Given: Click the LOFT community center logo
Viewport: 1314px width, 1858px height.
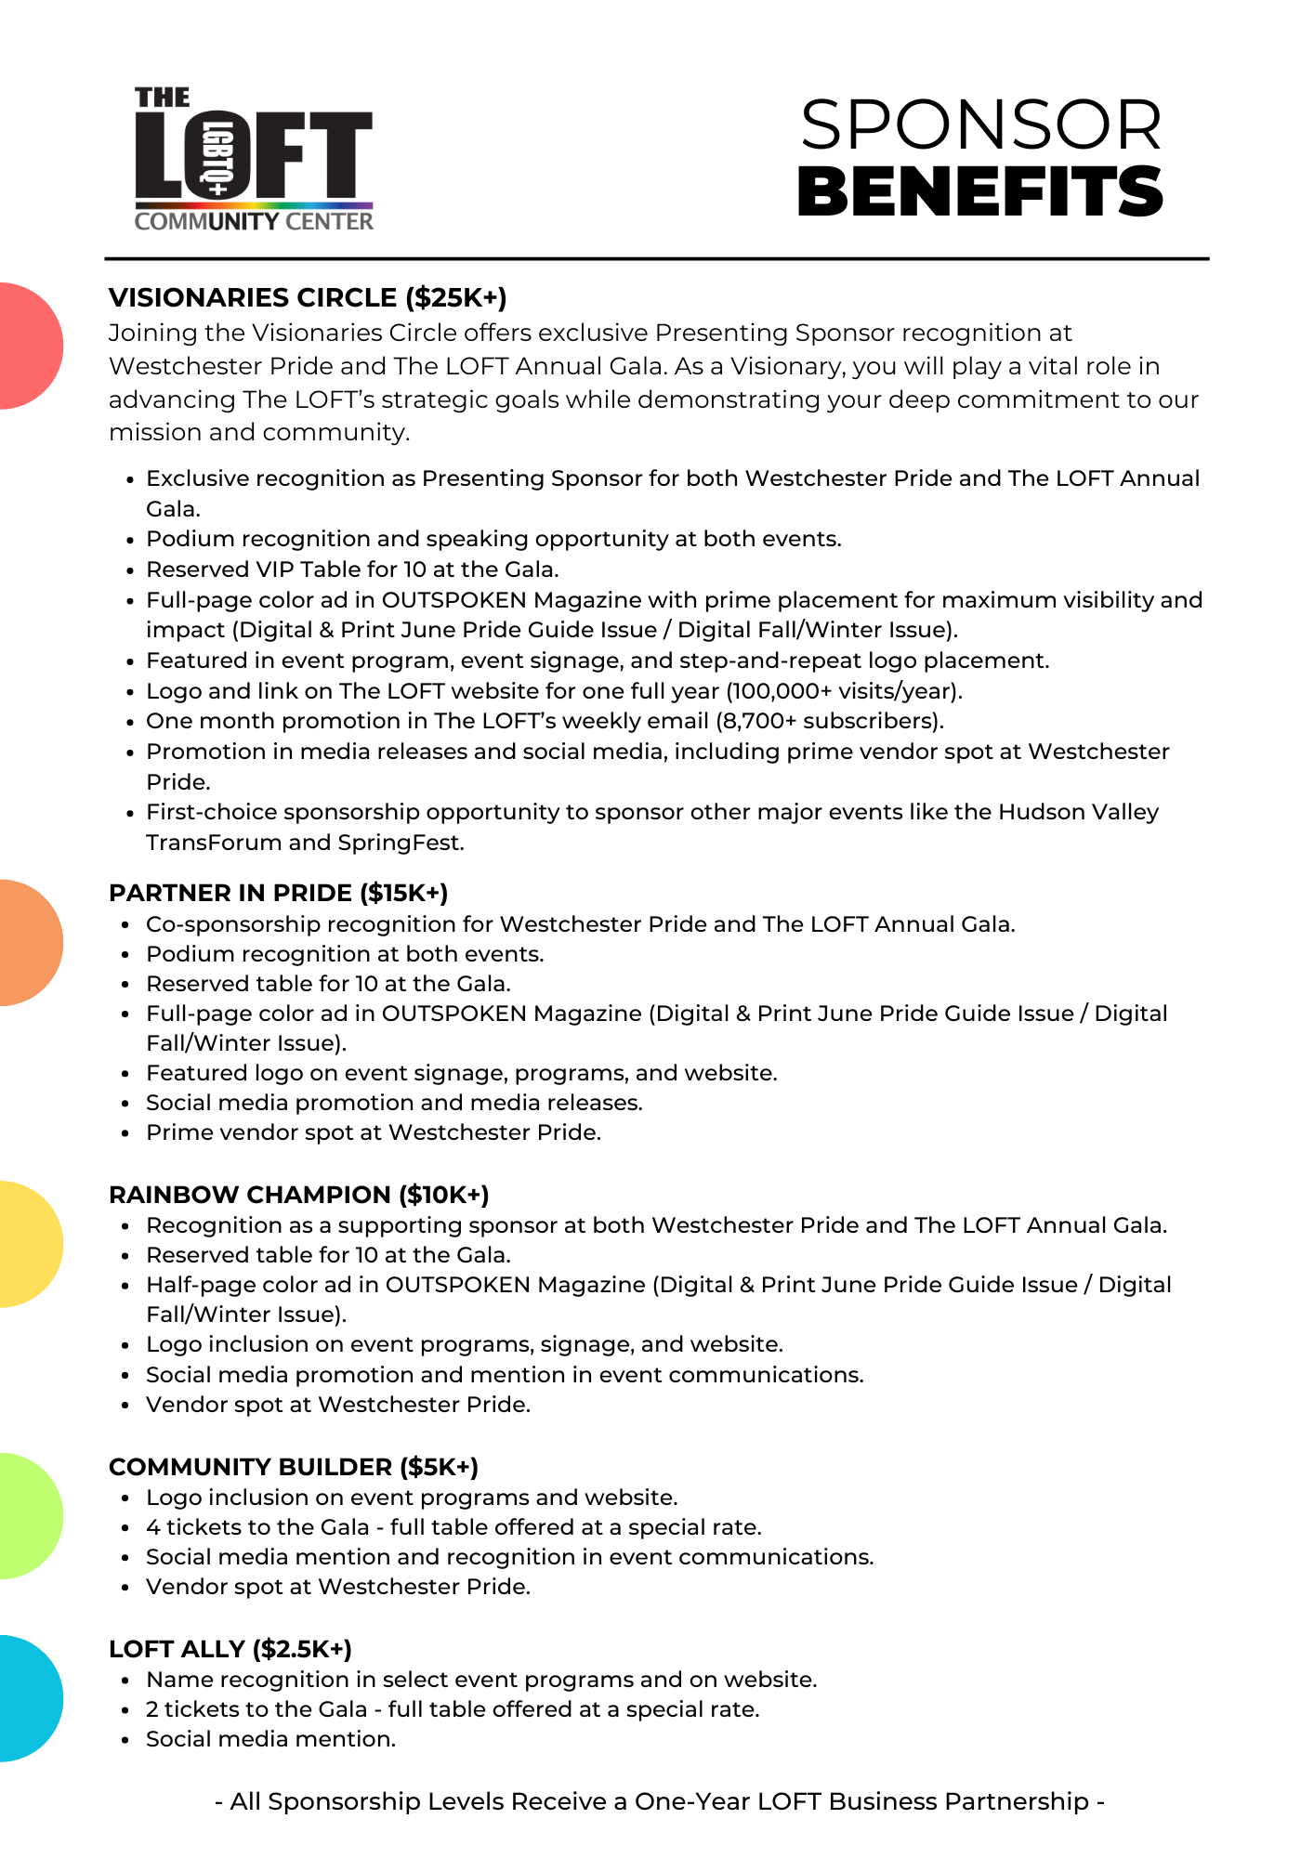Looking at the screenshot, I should point(254,159).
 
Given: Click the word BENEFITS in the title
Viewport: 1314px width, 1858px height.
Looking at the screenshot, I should point(980,192).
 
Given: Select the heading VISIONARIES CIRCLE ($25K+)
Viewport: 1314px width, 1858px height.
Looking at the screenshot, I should point(308,298).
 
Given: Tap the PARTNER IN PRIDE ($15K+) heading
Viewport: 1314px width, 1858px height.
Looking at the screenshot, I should point(278,893).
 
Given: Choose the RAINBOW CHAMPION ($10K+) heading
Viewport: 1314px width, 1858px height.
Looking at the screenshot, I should point(298,1195).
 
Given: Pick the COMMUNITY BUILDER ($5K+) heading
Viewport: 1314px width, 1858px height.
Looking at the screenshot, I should point(294,1467).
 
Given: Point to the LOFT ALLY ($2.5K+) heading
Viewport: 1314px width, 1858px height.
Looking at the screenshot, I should point(230,1649).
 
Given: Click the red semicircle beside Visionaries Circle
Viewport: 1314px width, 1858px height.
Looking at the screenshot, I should point(28,346).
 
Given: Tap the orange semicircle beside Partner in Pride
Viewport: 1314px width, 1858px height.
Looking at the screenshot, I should point(28,943).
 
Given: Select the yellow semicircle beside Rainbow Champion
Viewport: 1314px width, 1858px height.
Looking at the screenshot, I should point(28,1244).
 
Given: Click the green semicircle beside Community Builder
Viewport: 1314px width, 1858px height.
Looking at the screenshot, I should point(28,1516).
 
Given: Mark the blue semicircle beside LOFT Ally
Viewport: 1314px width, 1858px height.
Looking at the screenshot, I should point(28,1698).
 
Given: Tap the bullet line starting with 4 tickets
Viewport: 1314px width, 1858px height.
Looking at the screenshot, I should point(453,1527).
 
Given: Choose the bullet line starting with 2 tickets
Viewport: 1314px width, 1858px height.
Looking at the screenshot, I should point(453,1709).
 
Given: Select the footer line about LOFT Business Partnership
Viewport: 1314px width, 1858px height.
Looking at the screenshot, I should point(659,1801).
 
